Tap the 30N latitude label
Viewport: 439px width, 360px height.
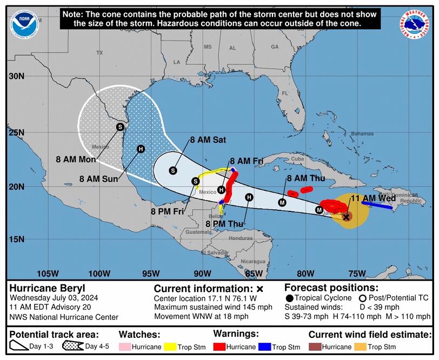(17, 76)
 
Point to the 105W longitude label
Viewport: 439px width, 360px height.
(49, 273)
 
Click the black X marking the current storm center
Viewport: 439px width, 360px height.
(347, 217)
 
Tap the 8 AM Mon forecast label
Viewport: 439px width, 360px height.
(76, 159)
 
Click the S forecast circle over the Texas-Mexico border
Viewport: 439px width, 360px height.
(120, 127)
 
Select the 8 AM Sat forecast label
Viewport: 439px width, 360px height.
(208, 139)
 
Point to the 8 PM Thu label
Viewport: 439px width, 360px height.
(225, 223)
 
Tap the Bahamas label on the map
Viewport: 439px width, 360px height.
(362, 134)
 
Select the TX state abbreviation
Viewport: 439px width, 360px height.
(99, 53)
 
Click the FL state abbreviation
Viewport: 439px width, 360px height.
(284, 94)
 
